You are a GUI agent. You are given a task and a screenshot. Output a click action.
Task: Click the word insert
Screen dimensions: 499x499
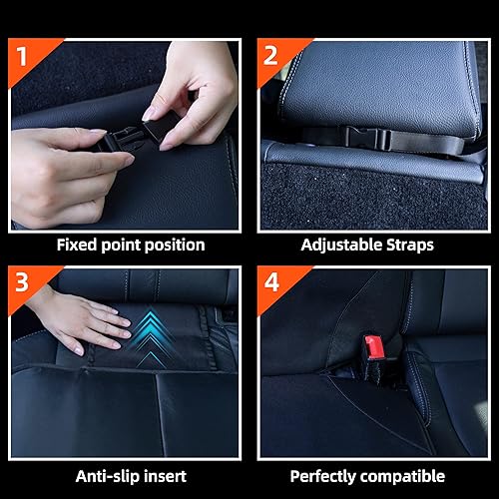click(166, 477)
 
